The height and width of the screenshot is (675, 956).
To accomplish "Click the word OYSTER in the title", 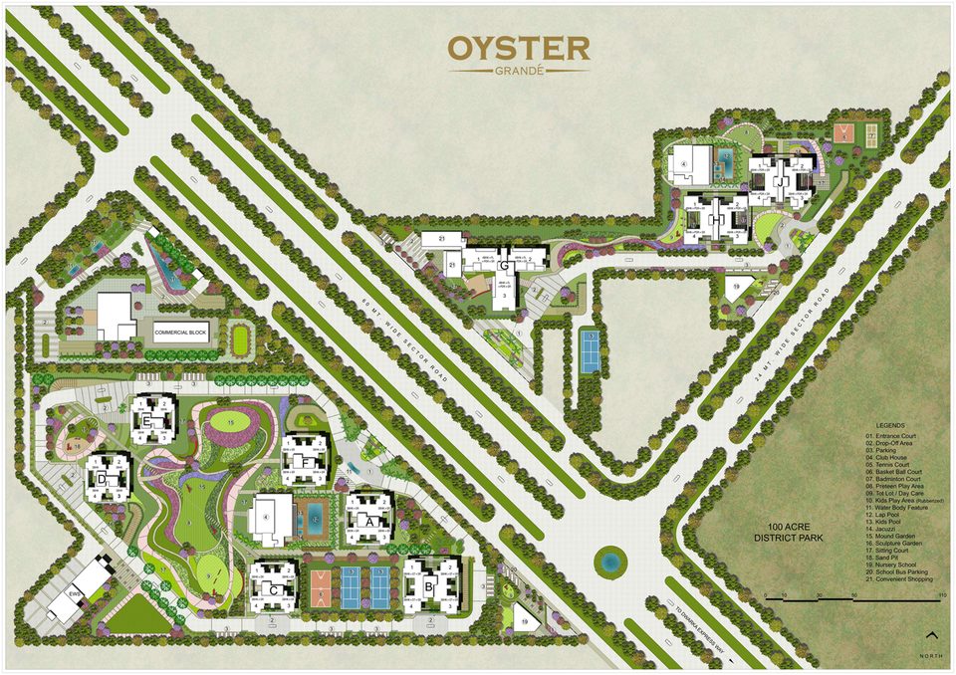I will [518, 47].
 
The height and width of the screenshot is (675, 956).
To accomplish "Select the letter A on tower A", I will [369, 520].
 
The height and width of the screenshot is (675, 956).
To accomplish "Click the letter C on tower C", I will [273, 588].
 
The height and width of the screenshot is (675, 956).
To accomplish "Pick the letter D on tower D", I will [104, 480].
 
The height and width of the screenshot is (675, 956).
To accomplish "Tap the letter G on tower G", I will [504, 267].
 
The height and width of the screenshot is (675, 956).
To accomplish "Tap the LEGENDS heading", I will [890, 424].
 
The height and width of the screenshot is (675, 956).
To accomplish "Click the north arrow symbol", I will [931, 635].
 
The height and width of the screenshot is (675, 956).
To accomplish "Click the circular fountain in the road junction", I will [608, 562].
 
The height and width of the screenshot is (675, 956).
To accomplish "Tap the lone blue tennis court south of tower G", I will [590, 351].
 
